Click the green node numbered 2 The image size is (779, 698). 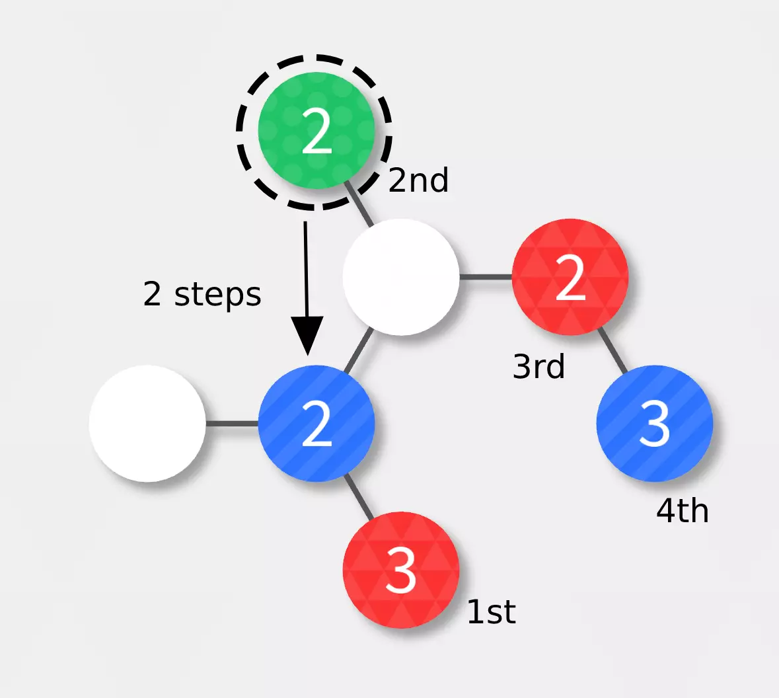point(316,131)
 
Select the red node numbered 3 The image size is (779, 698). point(400,569)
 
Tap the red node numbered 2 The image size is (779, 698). point(570,277)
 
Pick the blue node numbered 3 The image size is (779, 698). point(654,423)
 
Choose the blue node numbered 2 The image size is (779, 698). point(316,423)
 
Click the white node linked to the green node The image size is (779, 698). point(400,277)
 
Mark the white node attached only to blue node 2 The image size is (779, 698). point(147,423)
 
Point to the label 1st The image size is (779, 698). point(491,612)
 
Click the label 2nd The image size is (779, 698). point(418,180)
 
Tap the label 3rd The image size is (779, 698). point(538,366)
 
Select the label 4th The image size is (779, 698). point(682,511)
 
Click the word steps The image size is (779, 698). point(217,295)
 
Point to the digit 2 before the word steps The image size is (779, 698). point(152,294)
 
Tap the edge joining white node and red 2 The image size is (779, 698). point(486,277)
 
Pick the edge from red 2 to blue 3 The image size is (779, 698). point(612,350)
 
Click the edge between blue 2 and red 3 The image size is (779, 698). point(358,496)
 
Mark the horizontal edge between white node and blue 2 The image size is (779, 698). point(231,423)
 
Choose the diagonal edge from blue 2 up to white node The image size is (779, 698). point(358,350)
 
